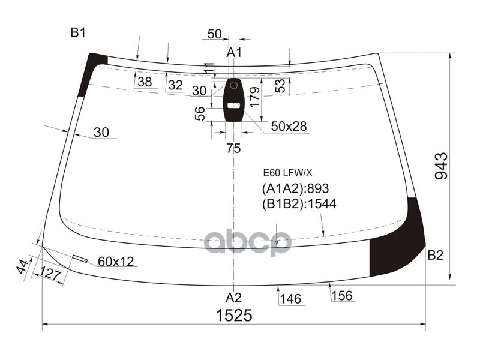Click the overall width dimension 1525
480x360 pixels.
(234, 315)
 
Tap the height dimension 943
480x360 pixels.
(442, 166)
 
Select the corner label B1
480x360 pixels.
(78, 32)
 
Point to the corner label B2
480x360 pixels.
(436, 254)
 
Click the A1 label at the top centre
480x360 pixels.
(234, 52)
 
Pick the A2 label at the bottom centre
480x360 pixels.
(234, 297)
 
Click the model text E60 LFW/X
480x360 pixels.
(288, 173)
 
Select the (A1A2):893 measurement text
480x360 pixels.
(295, 188)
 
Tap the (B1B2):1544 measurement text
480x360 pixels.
(299, 203)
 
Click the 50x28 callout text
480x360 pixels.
(289, 126)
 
